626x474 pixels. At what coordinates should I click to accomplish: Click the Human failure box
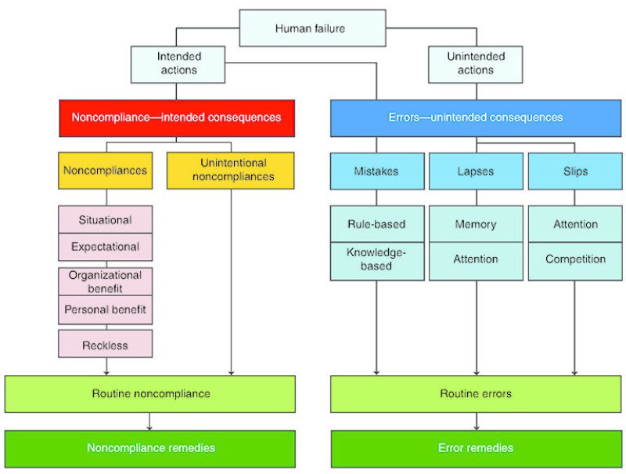[311, 28]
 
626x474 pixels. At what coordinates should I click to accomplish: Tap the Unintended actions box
[476, 63]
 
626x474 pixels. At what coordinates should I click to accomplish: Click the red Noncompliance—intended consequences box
[176, 118]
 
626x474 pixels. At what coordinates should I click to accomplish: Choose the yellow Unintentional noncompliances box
[230, 170]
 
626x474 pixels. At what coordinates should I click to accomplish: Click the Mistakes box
[376, 170]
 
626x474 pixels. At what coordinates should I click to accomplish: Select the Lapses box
[476, 170]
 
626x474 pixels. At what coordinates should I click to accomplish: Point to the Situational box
[105, 220]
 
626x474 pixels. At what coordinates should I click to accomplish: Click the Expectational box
[105, 247]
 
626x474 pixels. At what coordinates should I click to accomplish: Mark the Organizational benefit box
[105, 281]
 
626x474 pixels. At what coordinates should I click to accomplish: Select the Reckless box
[105, 344]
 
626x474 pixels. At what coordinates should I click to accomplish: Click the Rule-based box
[376, 224]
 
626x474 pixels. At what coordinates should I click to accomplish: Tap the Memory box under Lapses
[476, 224]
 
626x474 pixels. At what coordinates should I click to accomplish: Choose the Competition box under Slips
[575, 259]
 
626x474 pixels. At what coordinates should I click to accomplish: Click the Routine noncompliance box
[149, 393]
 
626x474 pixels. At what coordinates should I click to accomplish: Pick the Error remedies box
[476, 448]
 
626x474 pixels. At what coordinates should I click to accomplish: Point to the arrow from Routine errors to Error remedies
[476, 422]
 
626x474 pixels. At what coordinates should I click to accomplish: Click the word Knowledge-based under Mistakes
[376, 259]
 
